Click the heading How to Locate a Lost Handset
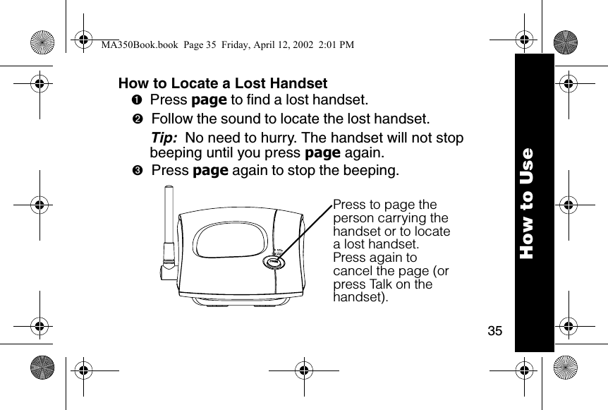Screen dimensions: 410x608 pos(223,83)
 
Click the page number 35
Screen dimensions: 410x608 pos(495,330)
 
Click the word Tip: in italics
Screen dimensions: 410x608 pos(164,138)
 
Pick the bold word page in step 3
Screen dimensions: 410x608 pos(210,171)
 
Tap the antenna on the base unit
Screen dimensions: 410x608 pos(169,229)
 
